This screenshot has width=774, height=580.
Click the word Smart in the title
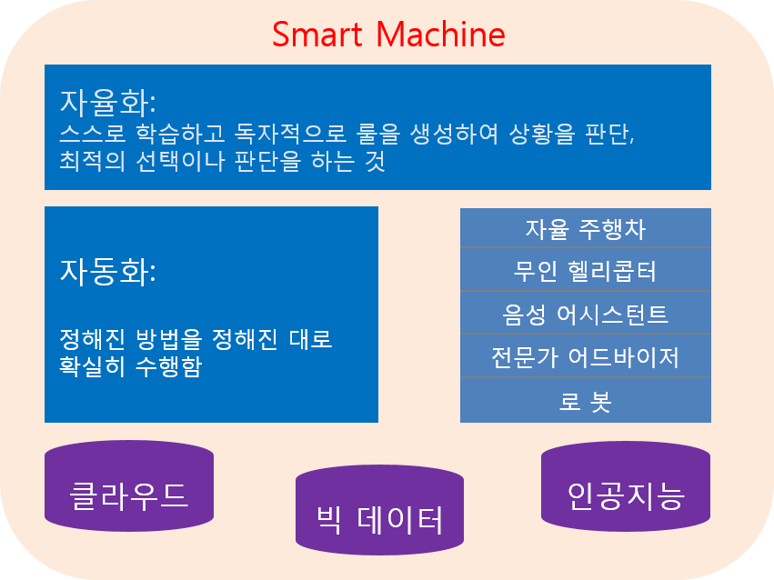(x=317, y=35)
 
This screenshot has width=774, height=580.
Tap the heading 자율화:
(x=108, y=102)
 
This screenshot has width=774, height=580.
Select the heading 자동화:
(x=108, y=272)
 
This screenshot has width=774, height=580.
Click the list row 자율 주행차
(x=586, y=228)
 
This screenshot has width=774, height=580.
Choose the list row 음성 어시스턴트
(x=586, y=313)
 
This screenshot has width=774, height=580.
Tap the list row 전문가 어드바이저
(x=586, y=355)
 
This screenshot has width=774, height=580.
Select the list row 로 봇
(x=586, y=400)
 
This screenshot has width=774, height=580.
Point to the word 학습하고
(x=181, y=133)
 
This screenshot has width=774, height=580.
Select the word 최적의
(x=92, y=161)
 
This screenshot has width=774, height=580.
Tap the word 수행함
(x=169, y=366)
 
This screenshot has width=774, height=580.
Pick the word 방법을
(x=169, y=339)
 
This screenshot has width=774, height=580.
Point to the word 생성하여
(x=455, y=133)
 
